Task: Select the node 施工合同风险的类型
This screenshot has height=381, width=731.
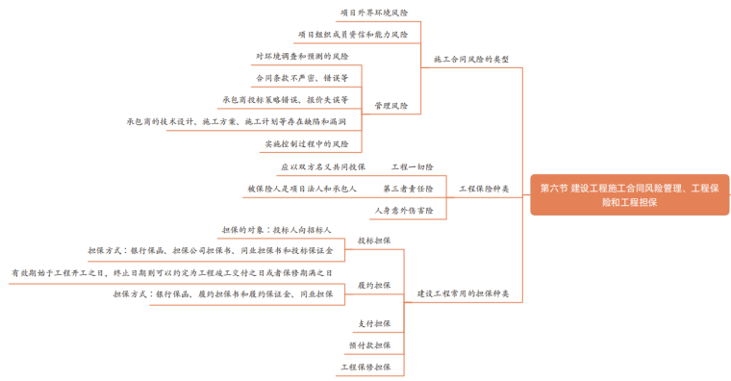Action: (470, 59)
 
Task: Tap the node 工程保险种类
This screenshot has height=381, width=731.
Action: (484, 189)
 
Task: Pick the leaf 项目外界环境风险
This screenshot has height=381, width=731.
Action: (374, 13)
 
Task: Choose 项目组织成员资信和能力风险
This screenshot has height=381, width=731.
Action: (352, 35)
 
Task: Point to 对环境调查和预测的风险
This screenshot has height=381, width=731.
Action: (302, 56)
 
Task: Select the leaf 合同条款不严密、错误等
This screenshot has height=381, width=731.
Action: (301, 77)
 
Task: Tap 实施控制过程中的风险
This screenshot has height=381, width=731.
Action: (307, 144)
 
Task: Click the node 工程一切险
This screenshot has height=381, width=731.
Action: (412, 167)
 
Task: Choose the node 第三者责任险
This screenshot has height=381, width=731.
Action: (408, 189)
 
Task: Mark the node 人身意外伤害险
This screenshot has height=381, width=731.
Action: (403, 210)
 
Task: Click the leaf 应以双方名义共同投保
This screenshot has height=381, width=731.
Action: (323, 167)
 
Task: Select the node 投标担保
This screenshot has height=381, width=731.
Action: (374, 241)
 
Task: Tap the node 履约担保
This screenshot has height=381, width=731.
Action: (374, 285)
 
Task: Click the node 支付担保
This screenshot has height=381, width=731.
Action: (374, 323)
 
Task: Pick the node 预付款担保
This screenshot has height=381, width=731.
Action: (369, 344)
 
